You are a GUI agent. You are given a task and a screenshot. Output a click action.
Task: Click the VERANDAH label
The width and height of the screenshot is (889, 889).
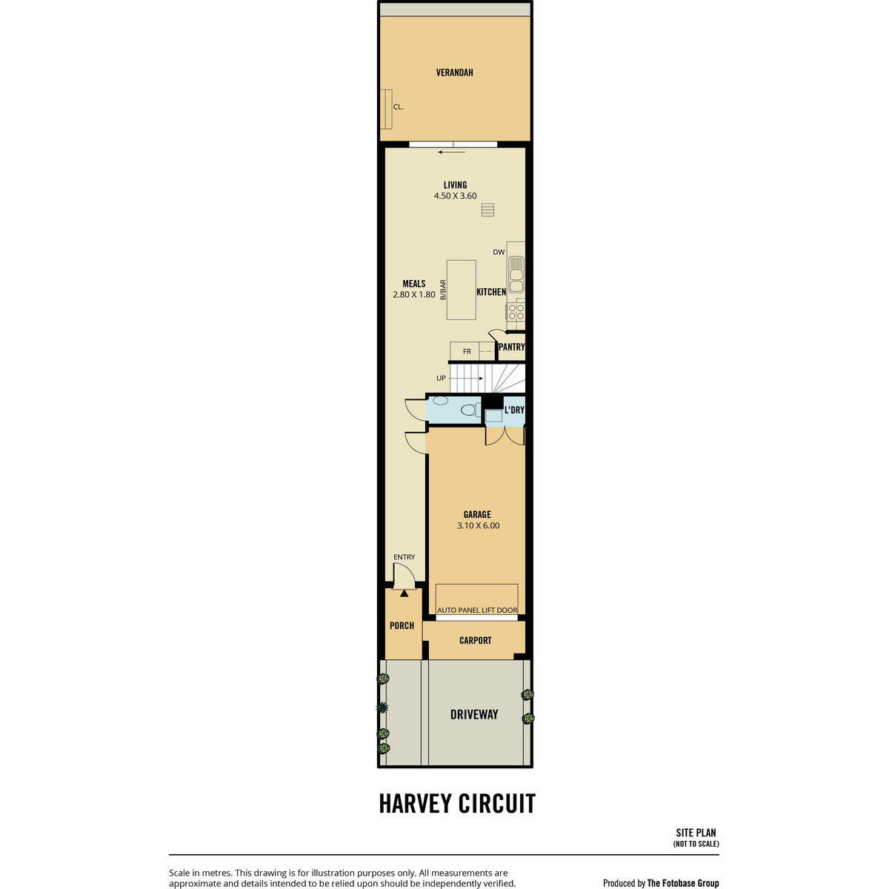pos(454,73)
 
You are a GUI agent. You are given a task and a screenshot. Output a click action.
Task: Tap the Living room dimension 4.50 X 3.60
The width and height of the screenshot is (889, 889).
pos(455,196)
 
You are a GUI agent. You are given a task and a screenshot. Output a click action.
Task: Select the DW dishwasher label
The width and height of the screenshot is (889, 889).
pos(499,252)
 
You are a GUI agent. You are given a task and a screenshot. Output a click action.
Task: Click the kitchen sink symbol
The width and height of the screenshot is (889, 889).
pos(516,275)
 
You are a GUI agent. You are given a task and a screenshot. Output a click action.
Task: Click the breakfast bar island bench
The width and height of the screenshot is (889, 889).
pos(461,290)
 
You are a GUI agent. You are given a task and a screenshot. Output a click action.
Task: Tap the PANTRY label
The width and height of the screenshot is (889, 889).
pos(512,347)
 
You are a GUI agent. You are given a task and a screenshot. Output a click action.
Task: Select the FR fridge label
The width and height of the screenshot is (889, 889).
pos(467,352)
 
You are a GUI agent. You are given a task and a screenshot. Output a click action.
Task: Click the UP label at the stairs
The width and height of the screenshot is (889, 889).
pos(441,379)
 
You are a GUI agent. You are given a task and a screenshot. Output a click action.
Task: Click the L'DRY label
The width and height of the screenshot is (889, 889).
pos(514,410)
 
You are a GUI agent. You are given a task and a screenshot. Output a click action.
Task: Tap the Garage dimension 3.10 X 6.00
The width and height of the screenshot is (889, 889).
pos(478,525)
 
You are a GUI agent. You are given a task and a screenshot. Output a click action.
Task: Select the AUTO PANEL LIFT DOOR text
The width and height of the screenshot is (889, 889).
pos(477,610)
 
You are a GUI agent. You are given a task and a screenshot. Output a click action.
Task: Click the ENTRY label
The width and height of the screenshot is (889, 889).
pos(404,557)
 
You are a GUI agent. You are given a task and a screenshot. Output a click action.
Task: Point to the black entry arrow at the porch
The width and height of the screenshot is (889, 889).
pos(404,593)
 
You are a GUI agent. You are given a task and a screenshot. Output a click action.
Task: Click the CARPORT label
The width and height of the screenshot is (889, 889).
pos(475,640)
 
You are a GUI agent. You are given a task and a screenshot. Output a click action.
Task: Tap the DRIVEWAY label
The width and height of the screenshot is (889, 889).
pos(474,715)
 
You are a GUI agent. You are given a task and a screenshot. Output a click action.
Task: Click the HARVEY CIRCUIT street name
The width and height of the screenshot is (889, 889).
pos(457,804)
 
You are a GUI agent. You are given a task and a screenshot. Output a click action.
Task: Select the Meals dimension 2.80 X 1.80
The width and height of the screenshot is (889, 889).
pos(414,294)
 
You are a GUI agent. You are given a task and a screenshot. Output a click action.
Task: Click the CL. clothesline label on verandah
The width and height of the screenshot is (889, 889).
pos(398,107)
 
